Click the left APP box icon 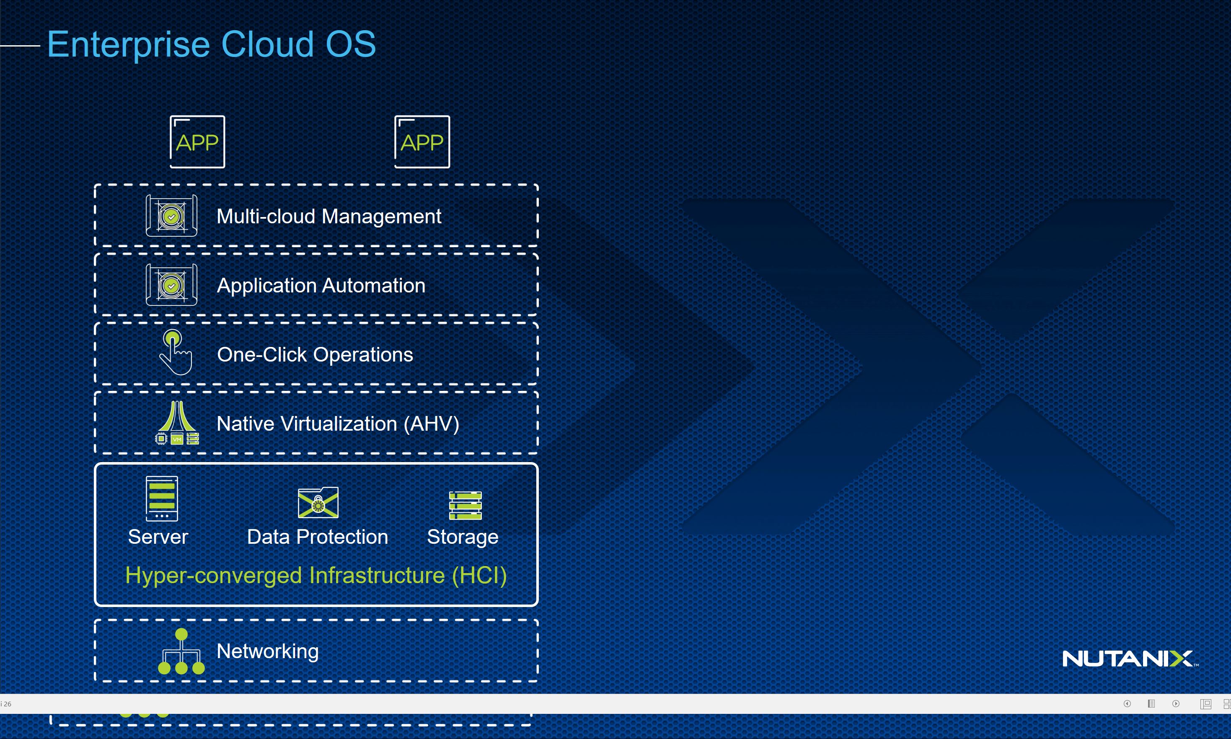click(197, 142)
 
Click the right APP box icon click(422, 142)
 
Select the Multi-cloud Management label click(328, 216)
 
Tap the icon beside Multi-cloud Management click(171, 216)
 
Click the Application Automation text click(321, 285)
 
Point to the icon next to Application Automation click(171, 285)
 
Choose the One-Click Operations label click(315, 354)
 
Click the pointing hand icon click(175, 353)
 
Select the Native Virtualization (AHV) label click(338, 424)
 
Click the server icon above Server click(161, 499)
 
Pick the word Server click(158, 537)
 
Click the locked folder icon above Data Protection click(318, 502)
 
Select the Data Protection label click(317, 537)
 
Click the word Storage click(463, 537)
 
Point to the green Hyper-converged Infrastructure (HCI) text click(316, 575)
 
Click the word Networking click(267, 651)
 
